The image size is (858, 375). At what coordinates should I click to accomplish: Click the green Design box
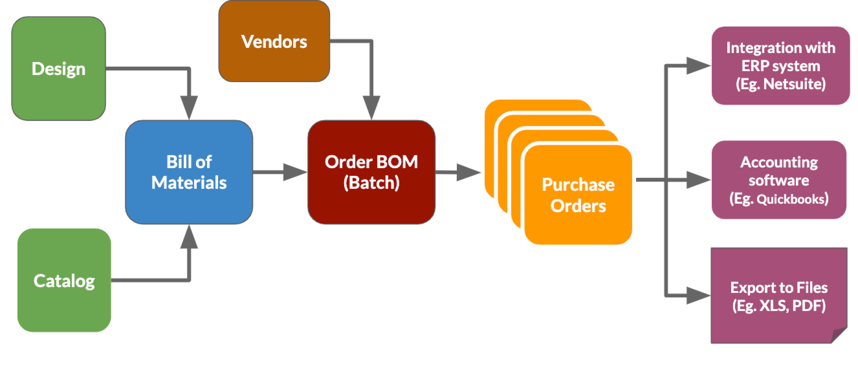[58, 69]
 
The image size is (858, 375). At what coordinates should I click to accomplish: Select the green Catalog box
[64, 281]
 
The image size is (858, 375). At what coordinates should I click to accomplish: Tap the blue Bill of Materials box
[189, 172]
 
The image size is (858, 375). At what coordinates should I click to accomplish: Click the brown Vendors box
[274, 41]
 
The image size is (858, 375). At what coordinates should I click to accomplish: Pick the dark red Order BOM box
[371, 172]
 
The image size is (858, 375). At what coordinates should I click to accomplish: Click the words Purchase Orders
[578, 195]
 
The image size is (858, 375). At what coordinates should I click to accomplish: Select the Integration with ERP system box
[780, 65]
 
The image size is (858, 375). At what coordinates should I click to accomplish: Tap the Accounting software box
[779, 180]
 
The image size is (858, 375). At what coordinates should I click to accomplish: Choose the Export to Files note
[778, 295]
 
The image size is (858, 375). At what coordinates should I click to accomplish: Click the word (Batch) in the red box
[371, 183]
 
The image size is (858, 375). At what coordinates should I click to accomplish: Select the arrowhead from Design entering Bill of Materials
[189, 108]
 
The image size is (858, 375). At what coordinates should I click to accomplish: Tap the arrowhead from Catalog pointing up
[189, 237]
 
